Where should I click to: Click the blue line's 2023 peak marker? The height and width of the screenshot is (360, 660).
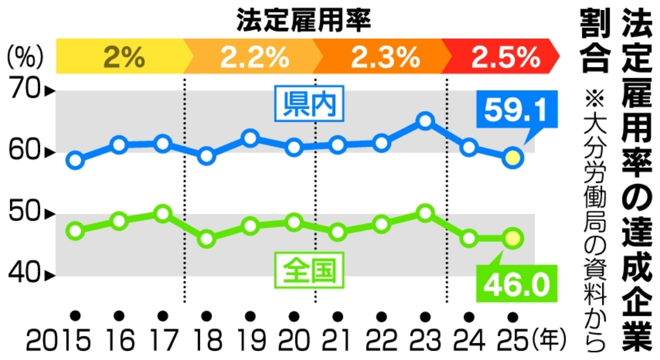point(426,121)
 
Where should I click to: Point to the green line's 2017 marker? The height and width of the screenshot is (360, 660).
point(163,214)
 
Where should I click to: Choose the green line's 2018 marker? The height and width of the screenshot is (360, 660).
point(207,238)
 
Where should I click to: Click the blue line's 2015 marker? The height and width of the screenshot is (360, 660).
point(75,160)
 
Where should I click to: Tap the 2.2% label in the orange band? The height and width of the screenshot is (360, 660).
point(254,56)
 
